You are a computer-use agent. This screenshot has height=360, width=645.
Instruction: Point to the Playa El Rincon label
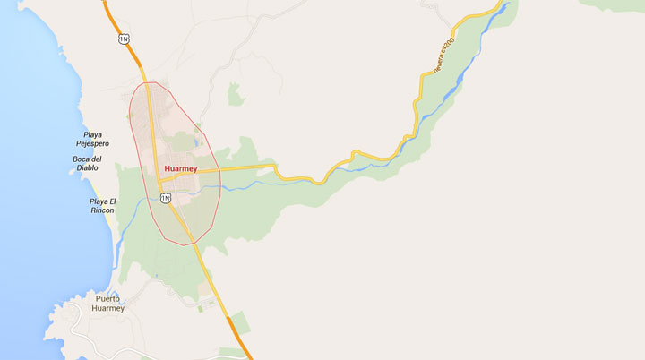point(102,205)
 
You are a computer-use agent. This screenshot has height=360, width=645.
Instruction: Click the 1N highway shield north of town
point(124,39)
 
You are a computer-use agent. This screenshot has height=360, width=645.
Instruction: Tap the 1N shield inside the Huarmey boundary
point(166,198)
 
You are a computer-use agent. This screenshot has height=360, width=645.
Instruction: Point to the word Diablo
point(87,167)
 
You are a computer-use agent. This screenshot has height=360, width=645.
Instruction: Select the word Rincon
point(102,210)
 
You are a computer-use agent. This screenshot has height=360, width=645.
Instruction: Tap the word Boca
point(87,159)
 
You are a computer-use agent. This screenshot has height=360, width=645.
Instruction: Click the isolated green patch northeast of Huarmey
point(236,94)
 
